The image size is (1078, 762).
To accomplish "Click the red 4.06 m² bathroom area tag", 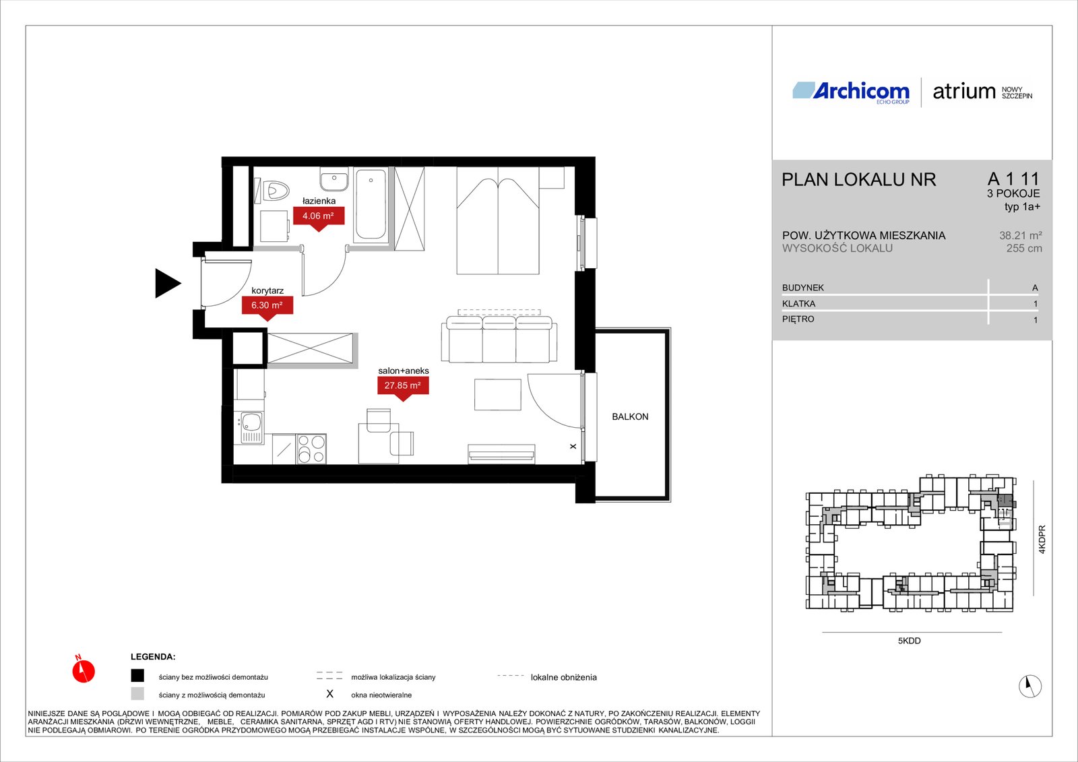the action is [319, 218].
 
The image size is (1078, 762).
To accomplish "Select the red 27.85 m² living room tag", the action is [403, 387].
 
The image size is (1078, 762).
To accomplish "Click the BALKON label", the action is [630, 417].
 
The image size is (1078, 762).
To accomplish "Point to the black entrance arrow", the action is [166, 283].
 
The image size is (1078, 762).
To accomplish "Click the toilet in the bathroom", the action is [272, 189].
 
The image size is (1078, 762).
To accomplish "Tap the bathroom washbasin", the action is [334, 179].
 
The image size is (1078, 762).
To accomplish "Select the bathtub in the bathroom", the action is [371, 205].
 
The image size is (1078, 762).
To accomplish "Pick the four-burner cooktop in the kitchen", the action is [311, 449].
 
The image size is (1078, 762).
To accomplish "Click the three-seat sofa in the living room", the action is [499, 340].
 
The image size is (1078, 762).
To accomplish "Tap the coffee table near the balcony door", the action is [498, 395].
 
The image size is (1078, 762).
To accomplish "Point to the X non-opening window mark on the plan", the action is [573, 446].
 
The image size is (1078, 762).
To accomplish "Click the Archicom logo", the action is [851, 92].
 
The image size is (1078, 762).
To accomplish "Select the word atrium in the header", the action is [964, 92].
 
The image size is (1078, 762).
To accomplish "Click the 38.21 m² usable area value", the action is [1020, 235].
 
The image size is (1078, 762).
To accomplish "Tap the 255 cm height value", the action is [1024, 249].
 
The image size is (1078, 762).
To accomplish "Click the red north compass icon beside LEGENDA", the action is [84, 670].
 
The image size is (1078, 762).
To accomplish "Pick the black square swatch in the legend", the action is [137, 676].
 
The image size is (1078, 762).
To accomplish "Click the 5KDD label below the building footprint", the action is [909, 641].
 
